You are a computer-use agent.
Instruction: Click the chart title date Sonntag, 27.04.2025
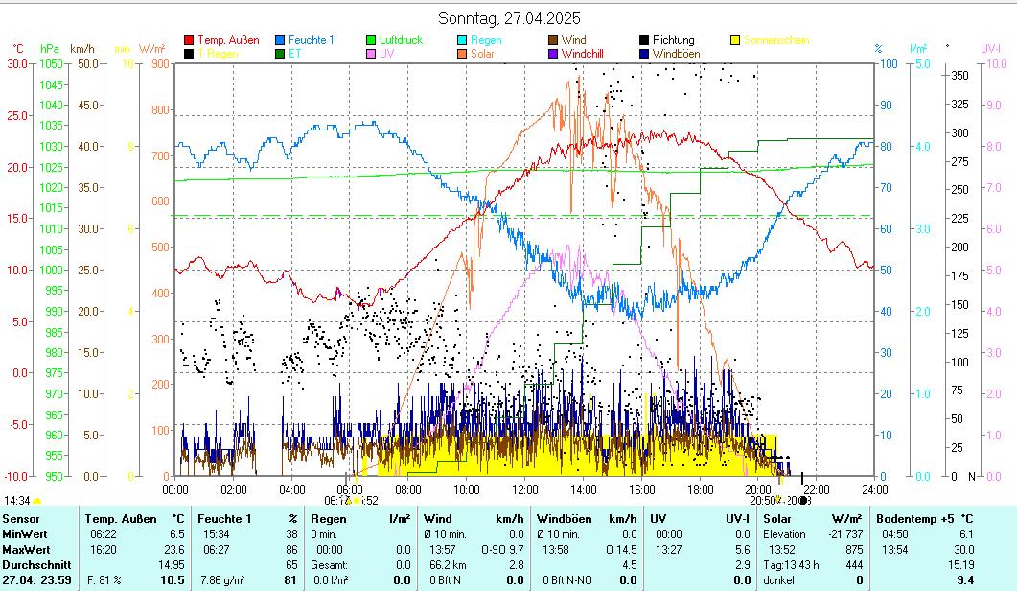pos(509,18)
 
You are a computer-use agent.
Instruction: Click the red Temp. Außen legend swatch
pos(189,41)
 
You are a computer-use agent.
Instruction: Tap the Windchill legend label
pos(583,55)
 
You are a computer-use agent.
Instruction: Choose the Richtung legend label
pos(673,41)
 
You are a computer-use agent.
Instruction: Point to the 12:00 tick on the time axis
pos(524,489)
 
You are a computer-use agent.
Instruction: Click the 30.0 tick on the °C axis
pos(17,63)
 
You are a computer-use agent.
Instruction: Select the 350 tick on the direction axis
pos(958,75)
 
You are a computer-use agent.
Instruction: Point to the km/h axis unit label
pos(82,48)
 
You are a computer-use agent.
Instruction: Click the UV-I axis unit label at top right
pos(990,48)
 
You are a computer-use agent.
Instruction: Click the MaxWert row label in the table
pos(27,550)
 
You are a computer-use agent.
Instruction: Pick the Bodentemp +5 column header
pos(924,519)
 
